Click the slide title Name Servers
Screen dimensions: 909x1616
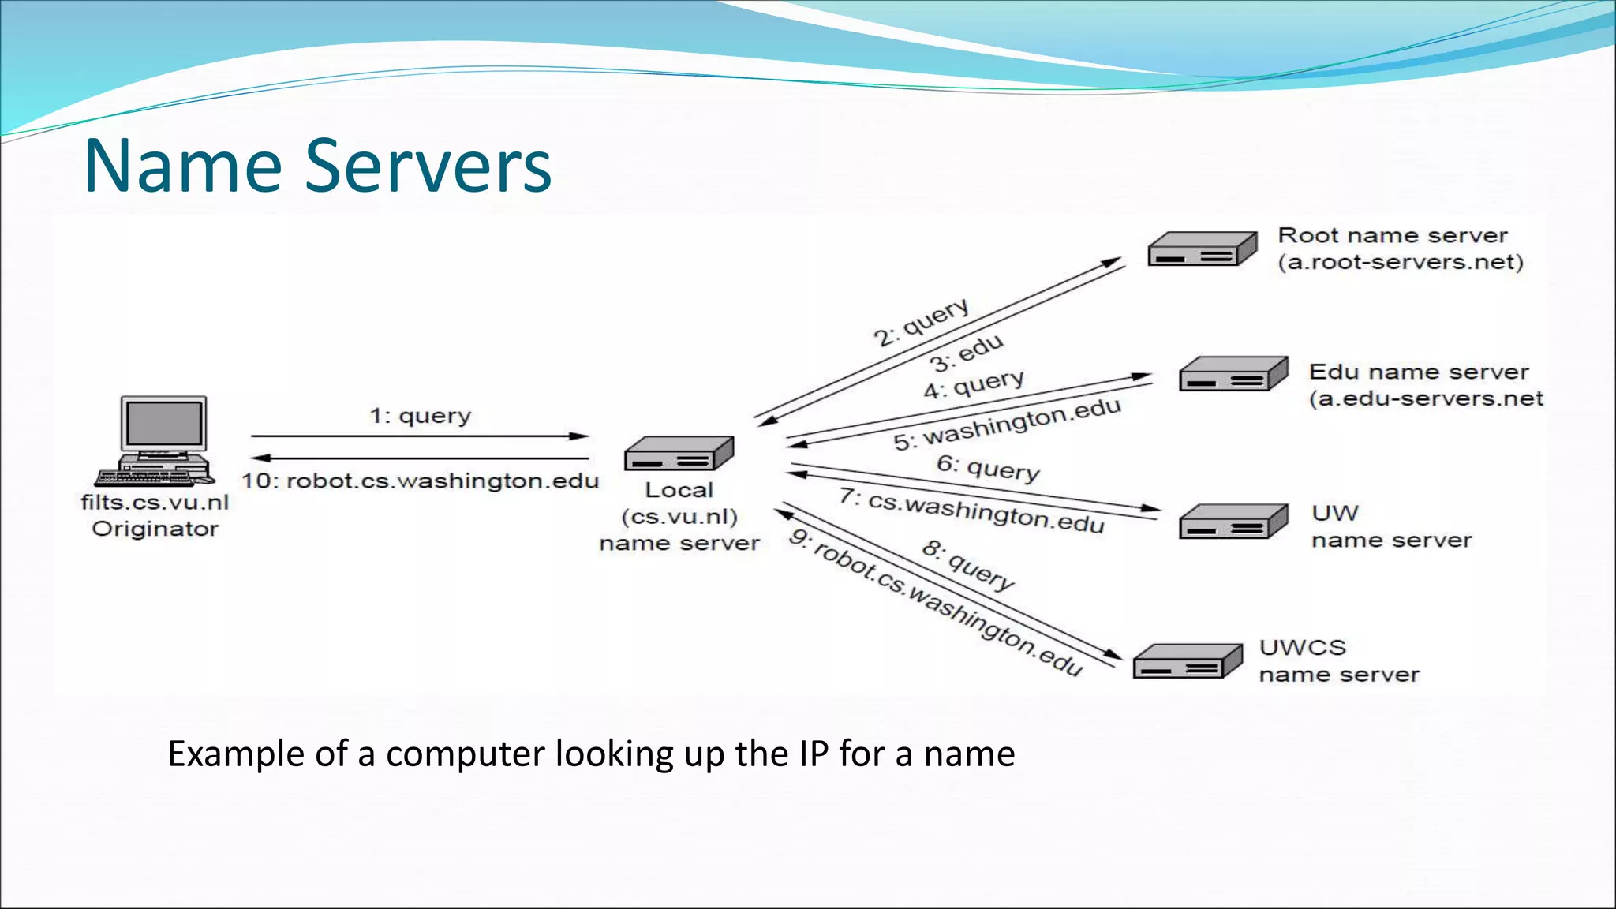tap(317, 166)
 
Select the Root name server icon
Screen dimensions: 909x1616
tap(1202, 249)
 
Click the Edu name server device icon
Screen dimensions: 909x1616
tap(1233, 375)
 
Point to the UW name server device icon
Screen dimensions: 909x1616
tap(1233, 522)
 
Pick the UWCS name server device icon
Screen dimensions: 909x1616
tap(1188, 661)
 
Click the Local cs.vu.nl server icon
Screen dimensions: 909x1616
tap(679, 454)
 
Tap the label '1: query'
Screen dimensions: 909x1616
tap(420, 415)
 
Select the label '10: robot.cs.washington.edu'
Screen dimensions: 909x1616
tap(420, 481)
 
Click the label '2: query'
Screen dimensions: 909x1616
tap(921, 322)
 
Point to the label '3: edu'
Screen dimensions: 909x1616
tap(967, 353)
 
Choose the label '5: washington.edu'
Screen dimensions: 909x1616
tap(1007, 425)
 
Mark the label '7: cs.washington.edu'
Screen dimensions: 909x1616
tap(971, 511)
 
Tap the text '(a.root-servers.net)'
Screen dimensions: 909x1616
tap(1401, 262)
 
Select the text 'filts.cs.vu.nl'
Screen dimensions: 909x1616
tap(155, 503)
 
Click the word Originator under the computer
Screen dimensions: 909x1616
tap(155, 529)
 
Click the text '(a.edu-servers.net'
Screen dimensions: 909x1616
tap(1426, 398)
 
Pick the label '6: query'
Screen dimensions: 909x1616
tap(988, 468)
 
